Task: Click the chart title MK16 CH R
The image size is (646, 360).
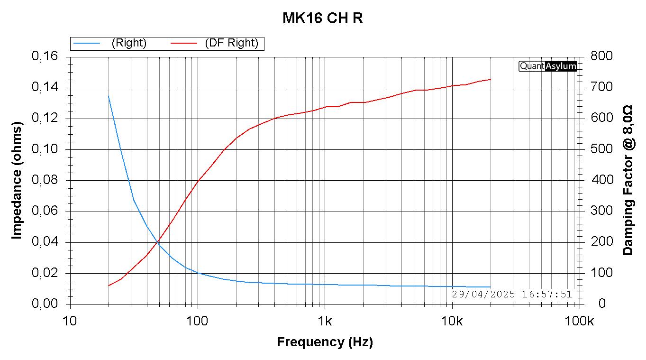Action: pos(323,18)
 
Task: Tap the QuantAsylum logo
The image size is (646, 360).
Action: pos(548,66)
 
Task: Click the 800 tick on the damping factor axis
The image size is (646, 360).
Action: pos(601,56)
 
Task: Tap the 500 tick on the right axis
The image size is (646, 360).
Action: pos(601,149)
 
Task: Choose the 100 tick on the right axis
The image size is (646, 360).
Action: pos(601,273)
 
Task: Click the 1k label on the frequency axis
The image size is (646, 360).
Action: pos(325,321)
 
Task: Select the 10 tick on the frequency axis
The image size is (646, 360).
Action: pos(70,321)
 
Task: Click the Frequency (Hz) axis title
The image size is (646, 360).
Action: pos(325,342)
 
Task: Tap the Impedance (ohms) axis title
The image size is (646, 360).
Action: pos(17,180)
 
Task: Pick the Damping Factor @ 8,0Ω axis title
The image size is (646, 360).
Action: pos(628,180)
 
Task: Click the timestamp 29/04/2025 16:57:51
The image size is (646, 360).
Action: pos(512,294)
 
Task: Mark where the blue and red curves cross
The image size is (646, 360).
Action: pos(157,242)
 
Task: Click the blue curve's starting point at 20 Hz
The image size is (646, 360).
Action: pos(109,96)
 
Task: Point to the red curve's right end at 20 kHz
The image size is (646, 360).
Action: pos(491,79)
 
